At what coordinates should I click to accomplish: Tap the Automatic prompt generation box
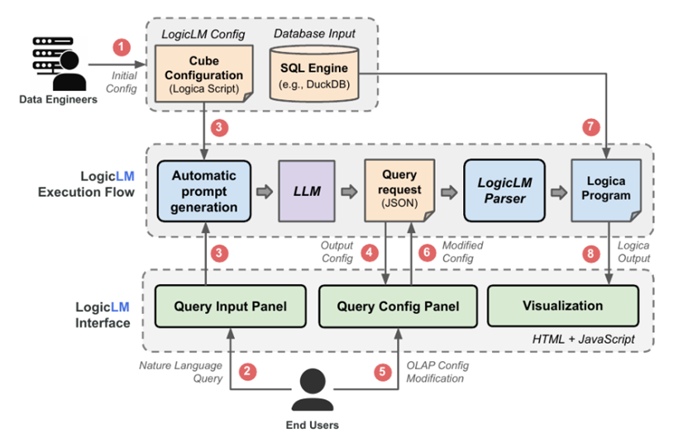pos(203,192)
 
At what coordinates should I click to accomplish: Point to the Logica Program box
pos(604,192)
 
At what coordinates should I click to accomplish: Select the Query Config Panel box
pos(398,307)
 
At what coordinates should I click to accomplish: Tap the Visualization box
pos(563,307)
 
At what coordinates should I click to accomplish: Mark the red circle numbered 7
pos(590,128)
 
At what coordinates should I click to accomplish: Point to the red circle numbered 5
pos(381,372)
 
